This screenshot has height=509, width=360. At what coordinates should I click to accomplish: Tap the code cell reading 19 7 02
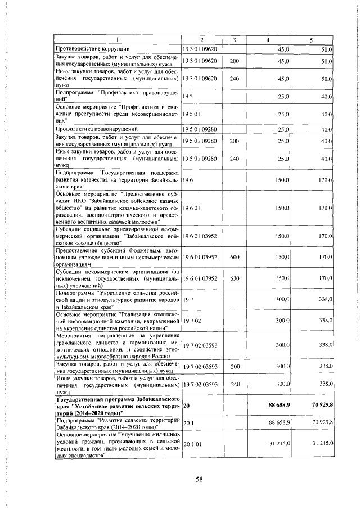point(191,320)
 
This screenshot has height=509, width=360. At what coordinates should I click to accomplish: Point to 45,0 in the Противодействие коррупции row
point(283,49)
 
